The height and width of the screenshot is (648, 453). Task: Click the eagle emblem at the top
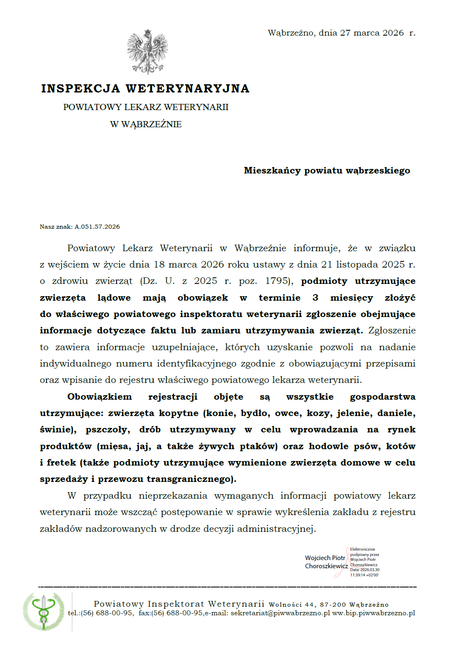coord(147,52)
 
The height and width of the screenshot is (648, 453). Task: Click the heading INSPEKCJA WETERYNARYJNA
coord(145,88)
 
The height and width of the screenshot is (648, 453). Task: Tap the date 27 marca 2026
coord(372,33)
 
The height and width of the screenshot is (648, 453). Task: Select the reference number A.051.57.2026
coord(97,227)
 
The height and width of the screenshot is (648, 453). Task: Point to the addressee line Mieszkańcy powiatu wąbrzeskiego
coord(327,171)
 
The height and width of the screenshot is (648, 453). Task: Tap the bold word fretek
coord(61,463)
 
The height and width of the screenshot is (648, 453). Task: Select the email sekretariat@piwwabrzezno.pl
coord(280,613)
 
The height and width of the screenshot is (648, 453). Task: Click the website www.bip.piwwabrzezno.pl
coord(374,613)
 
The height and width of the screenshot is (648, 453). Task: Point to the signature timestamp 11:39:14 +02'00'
coord(364,575)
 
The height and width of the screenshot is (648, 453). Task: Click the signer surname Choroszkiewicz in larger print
coord(326,566)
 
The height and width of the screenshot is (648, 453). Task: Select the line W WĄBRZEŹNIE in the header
coord(146,124)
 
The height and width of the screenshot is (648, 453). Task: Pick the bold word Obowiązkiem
coord(100,397)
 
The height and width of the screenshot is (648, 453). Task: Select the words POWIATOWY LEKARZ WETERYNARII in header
coord(146,107)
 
